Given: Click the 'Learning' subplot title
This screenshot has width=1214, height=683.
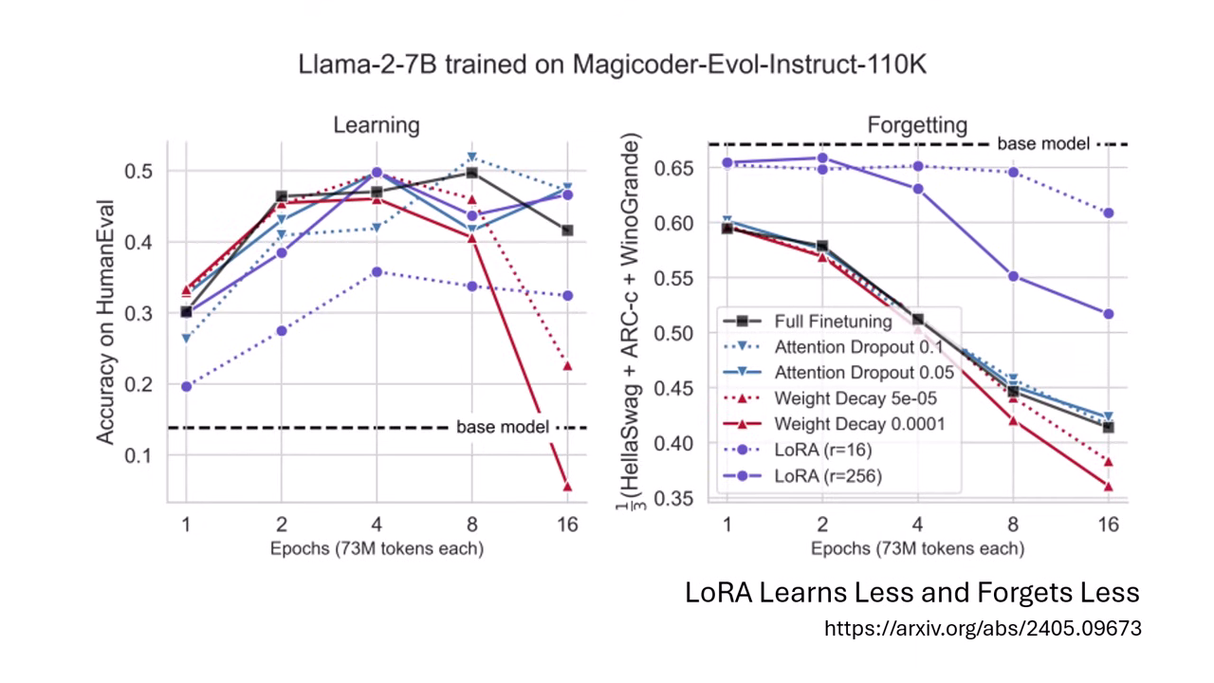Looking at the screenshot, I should coord(376,125).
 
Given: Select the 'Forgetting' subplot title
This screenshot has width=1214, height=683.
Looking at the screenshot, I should coord(917,125).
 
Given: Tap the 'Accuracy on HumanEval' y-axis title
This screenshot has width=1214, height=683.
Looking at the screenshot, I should coord(107,322).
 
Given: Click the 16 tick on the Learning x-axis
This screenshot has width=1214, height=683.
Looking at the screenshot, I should coord(567,523).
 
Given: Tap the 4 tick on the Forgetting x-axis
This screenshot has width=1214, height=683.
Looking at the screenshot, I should coord(917,523).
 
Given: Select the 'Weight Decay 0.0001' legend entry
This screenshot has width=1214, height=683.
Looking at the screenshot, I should coord(858,424).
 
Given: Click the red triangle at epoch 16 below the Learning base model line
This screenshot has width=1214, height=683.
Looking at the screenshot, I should coord(567,487).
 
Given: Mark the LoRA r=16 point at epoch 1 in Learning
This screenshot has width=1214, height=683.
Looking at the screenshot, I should coord(186,386).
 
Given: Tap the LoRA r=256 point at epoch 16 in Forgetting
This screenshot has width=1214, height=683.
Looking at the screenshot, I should coord(1108,314).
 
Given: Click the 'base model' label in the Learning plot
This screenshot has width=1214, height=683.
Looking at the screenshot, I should coord(502,428).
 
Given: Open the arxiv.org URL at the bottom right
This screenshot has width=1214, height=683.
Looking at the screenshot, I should coord(982,628).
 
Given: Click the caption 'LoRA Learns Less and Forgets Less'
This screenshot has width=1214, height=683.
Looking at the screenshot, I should coord(911,593).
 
